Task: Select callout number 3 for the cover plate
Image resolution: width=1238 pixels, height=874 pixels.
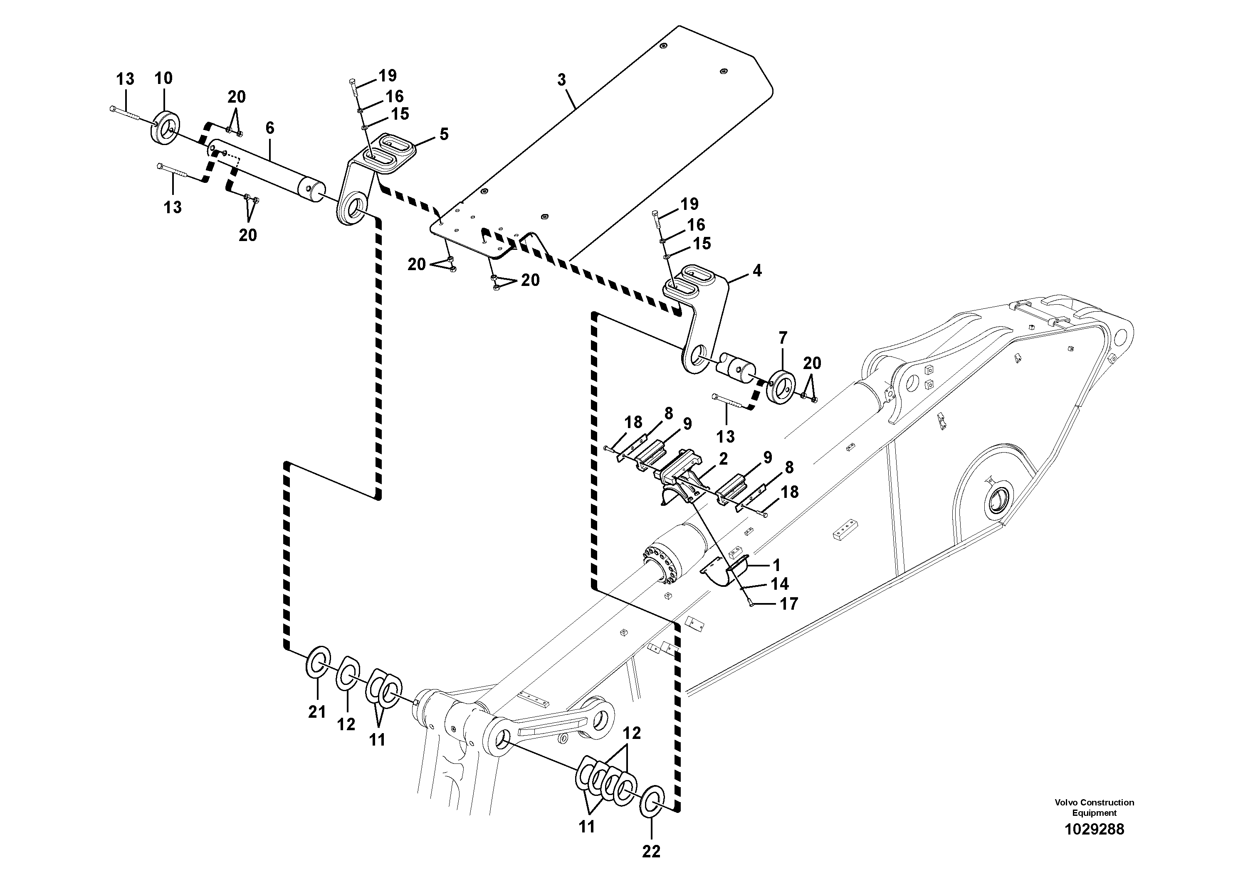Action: coord(561,80)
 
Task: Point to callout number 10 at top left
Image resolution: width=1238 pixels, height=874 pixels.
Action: coord(163,78)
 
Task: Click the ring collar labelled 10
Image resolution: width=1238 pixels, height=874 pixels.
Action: coord(166,128)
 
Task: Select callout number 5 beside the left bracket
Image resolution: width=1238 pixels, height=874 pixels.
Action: coord(444,134)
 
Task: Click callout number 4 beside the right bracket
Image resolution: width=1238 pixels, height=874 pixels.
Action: coord(757,271)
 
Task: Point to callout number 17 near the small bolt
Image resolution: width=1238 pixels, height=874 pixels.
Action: coord(788,604)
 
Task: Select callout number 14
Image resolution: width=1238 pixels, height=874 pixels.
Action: coord(780,583)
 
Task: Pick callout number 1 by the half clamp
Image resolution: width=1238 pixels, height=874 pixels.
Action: coord(776,565)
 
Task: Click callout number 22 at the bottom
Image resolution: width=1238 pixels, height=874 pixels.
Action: coord(651,852)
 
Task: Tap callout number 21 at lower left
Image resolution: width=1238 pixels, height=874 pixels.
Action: coord(317,712)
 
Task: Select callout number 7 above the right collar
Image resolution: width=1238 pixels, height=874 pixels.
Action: coord(782,338)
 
